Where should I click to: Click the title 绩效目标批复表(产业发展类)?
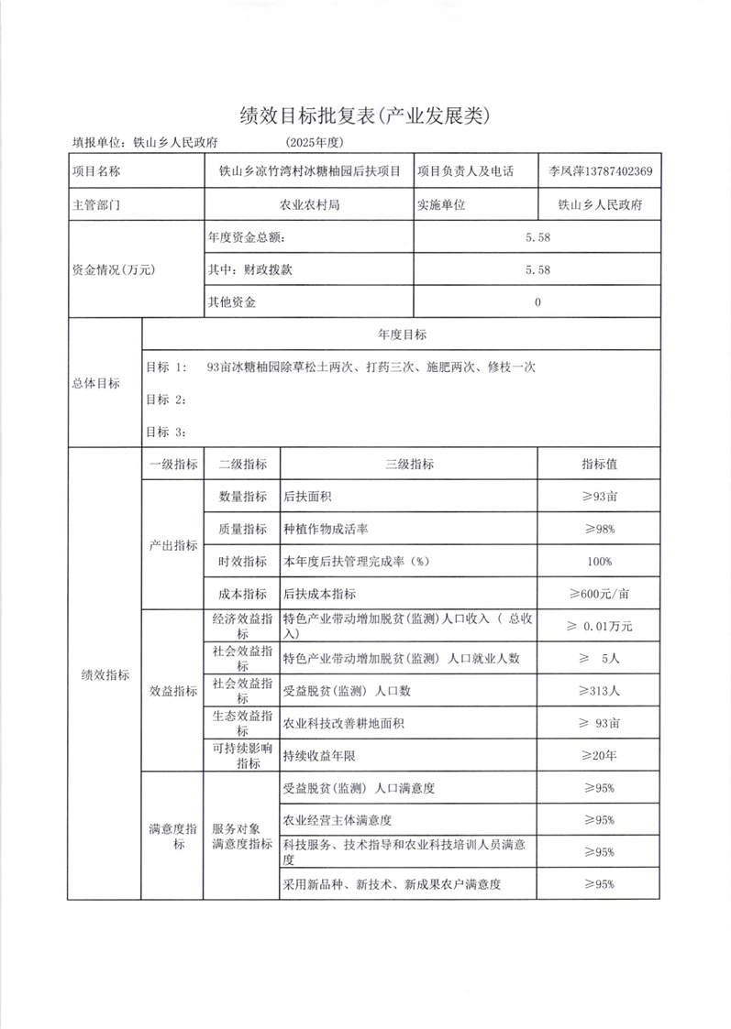(x=365, y=115)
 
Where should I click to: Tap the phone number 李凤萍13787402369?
(x=600, y=171)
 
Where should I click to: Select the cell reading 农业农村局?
(x=309, y=205)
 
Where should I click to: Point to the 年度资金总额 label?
(x=247, y=238)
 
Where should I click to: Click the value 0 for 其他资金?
(x=537, y=301)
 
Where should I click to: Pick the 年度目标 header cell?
(x=402, y=334)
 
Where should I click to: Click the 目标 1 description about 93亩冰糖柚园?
(x=371, y=367)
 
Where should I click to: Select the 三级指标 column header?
(x=409, y=465)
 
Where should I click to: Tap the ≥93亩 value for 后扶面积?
(x=598, y=497)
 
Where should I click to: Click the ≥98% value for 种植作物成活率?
(x=598, y=529)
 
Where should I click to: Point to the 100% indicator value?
(x=598, y=561)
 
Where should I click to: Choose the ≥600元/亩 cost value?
(x=598, y=593)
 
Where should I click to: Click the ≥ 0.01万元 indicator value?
(x=598, y=627)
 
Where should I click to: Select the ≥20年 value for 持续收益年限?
(x=598, y=755)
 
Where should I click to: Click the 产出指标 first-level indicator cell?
(x=173, y=544)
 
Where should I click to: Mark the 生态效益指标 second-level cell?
(x=242, y=723)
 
